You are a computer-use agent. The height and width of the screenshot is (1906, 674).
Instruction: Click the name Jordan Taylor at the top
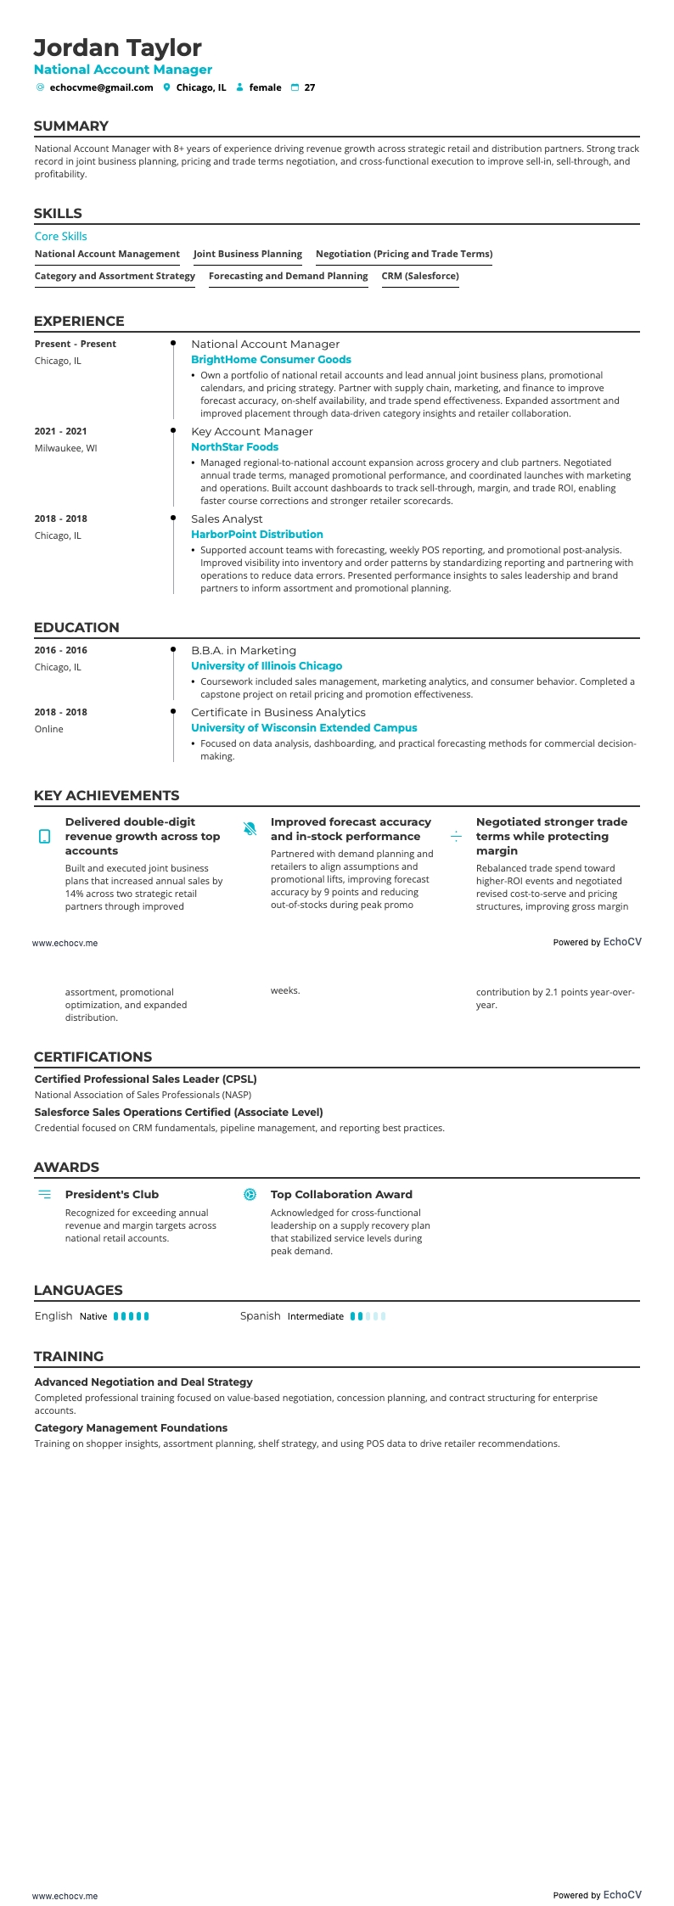[x=117, y=48]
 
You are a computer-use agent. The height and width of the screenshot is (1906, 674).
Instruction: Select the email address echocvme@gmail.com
[x=101, y=87]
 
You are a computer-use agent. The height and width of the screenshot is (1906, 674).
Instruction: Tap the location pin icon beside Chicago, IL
[x=167, y=87]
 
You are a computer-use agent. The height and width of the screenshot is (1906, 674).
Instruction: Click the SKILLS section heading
[x=58, y=214]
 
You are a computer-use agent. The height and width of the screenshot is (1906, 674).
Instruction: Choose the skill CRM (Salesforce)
[x=420, y=276]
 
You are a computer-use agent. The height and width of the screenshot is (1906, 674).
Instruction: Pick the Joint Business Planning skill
[x=248, y=254]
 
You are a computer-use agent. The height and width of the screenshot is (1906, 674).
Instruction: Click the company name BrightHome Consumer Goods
[x=271, y=360]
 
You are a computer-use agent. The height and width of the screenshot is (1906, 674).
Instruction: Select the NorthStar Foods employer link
[x=234, y=447]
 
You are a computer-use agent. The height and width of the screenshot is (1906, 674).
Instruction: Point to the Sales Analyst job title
[x=227, y=519]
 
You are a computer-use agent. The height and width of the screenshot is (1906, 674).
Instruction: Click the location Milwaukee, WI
[x=65, y=448]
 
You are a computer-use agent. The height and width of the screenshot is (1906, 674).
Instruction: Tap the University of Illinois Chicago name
[x=267, y=666]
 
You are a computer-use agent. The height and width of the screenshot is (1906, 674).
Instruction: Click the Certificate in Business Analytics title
[x=278, y=712]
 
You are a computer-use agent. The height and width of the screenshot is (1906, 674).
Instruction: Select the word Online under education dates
[x=49, y=729]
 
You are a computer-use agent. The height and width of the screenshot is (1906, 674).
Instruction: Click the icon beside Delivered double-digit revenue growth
[x=45, y=837]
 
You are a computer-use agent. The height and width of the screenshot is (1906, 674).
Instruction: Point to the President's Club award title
[x=112, y=1194]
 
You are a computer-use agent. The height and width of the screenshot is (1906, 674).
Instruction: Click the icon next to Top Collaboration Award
[x=250, y=1195]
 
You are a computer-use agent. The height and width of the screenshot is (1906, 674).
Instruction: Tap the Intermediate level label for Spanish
[x=316, y=1316]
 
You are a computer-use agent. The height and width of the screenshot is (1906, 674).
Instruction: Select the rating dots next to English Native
[x=132, y=1316]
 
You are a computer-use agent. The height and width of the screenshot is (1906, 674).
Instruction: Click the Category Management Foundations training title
[x=131, y=1427]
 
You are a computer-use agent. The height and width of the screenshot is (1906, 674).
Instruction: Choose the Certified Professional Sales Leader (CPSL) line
[x=146, y=1079]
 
